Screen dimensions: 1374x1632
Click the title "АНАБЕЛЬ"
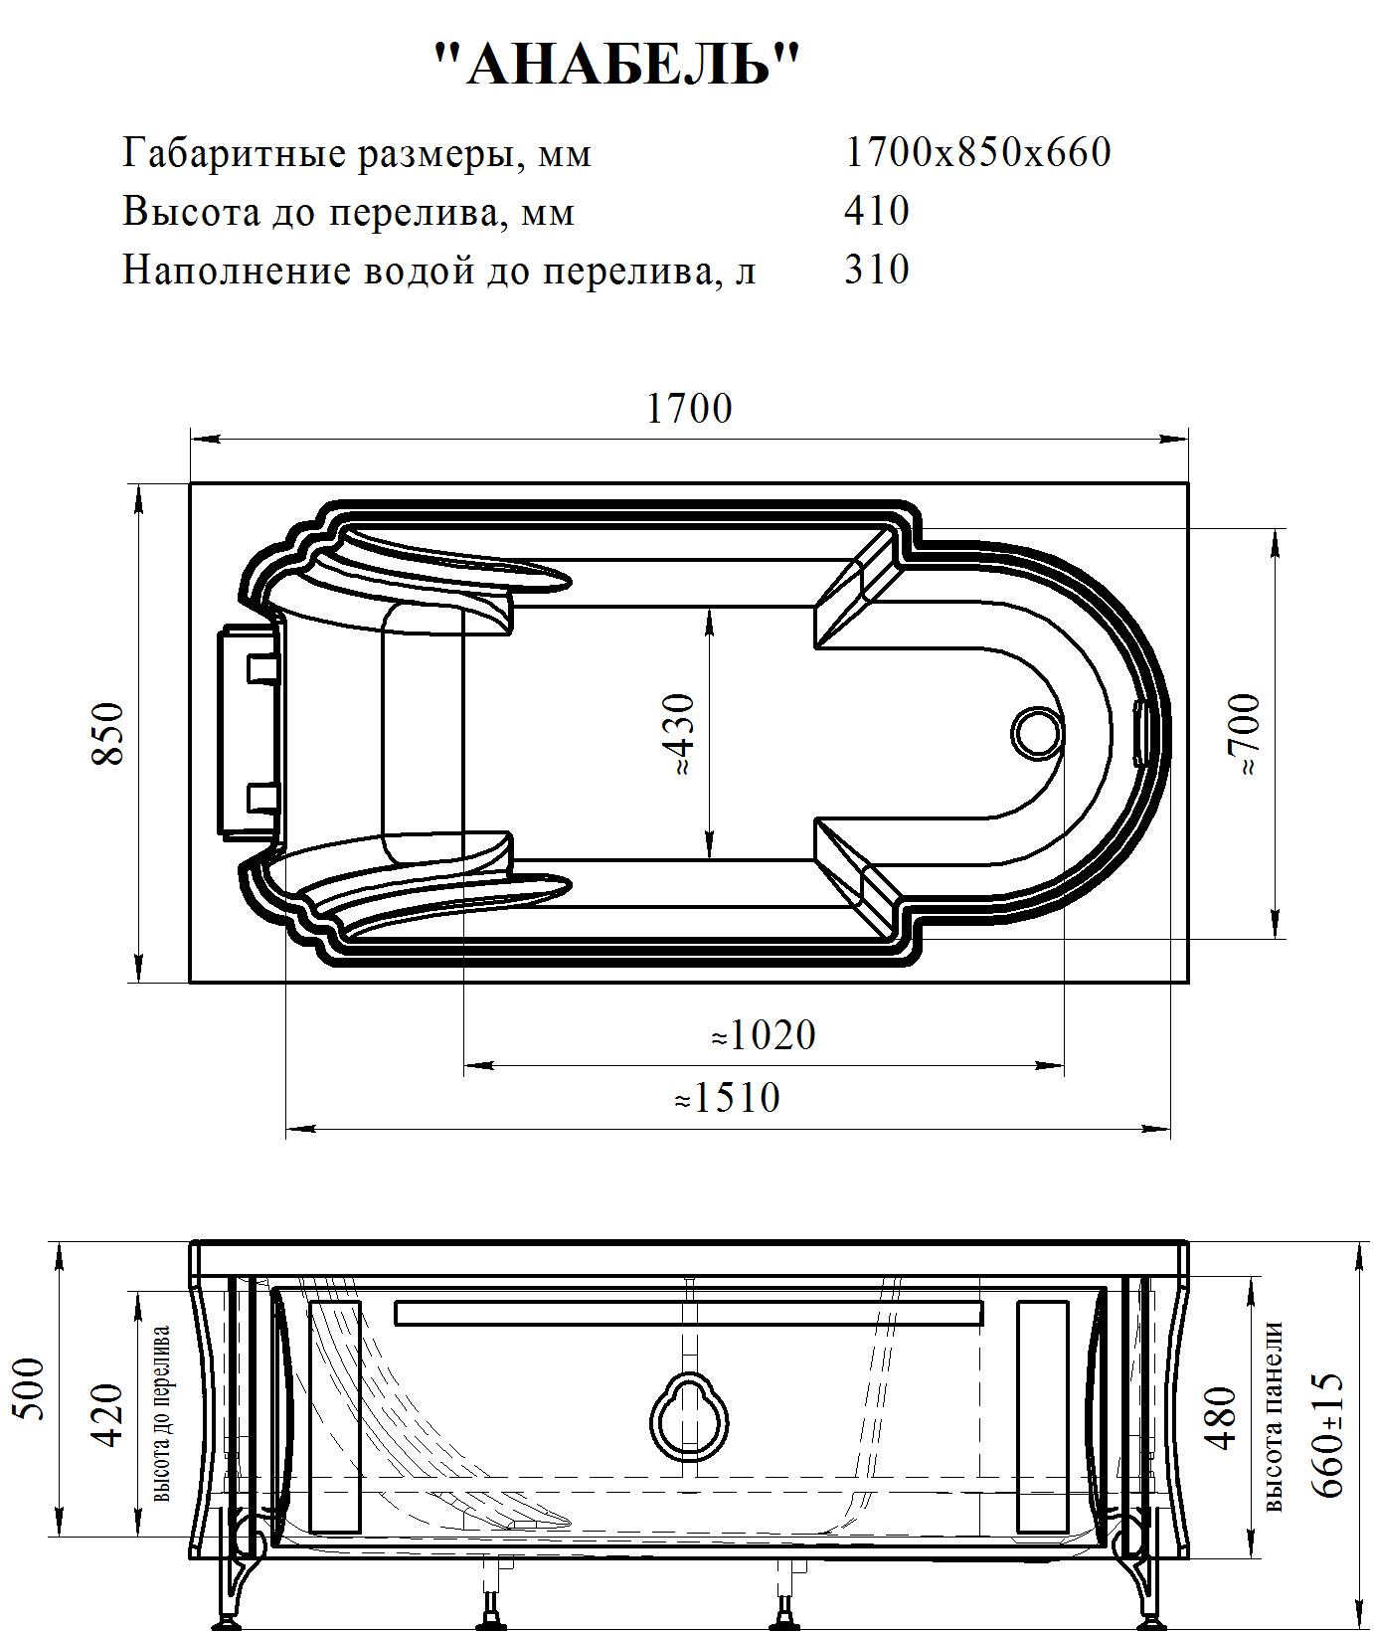[617, 66]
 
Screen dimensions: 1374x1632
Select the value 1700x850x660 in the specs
[977, 152]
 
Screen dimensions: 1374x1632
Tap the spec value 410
[877, 211]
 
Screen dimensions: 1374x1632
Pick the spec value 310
[877, 270]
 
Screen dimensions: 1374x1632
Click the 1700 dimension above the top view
[689, 408]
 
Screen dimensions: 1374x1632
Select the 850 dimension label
[108, 733]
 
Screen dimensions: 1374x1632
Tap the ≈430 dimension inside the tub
[683, 735]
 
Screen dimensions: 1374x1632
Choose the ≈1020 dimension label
[763, 1035]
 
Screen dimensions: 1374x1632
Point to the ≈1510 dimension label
[727, 1098]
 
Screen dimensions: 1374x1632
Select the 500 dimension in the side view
[35, 1388]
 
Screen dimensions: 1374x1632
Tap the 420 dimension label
[106, 1415]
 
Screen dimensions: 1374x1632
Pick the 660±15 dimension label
[1327, 1433]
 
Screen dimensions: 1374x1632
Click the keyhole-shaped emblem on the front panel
[689, 1415]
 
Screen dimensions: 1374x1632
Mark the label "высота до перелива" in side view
[161, 1413]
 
